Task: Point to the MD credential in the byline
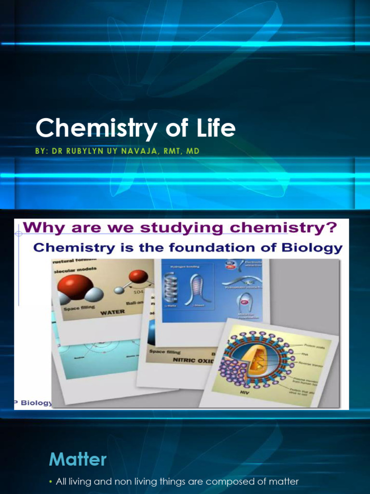pos(193,151)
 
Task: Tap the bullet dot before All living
pos(51,481)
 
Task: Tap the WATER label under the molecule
pos(112,312)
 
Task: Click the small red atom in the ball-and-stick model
pos(138,276)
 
